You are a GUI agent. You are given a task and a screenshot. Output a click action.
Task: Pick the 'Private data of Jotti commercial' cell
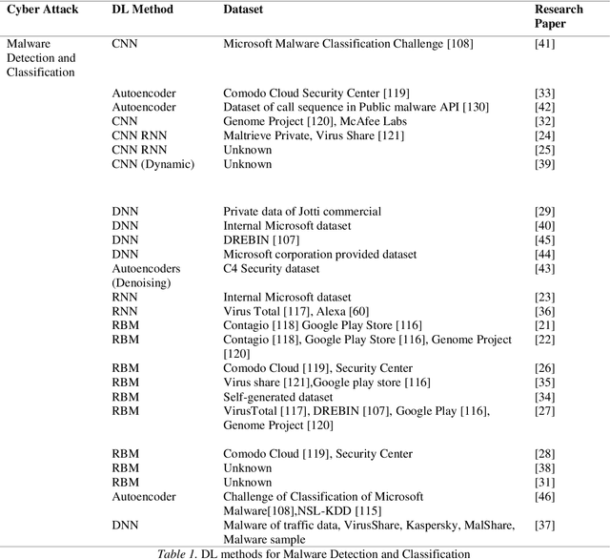coord(302,212)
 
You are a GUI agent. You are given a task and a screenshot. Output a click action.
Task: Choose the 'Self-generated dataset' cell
coord(278,397)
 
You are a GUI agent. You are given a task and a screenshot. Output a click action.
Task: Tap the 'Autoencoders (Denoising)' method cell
coord(146,276)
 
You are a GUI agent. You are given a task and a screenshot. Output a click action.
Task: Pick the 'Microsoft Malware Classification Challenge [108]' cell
coord(348,44)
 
